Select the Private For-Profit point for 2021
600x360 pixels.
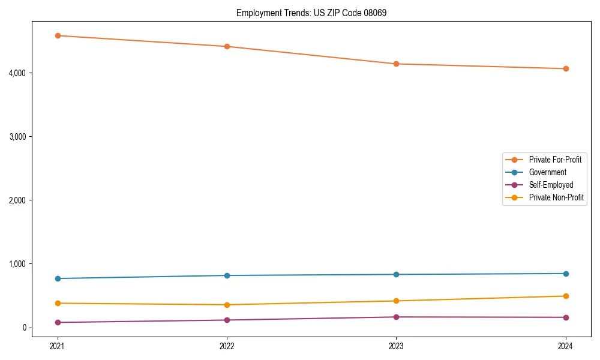58,36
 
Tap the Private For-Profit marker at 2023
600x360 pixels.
396,64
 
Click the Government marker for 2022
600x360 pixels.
227,275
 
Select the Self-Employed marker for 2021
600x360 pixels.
58,322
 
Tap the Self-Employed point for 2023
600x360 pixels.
396,317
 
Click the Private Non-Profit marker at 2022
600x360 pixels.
227,305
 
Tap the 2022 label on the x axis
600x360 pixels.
227,346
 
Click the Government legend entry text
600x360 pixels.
547,172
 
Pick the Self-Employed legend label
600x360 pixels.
551,185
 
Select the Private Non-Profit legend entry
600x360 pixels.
556,197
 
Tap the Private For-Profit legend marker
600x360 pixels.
514,160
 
